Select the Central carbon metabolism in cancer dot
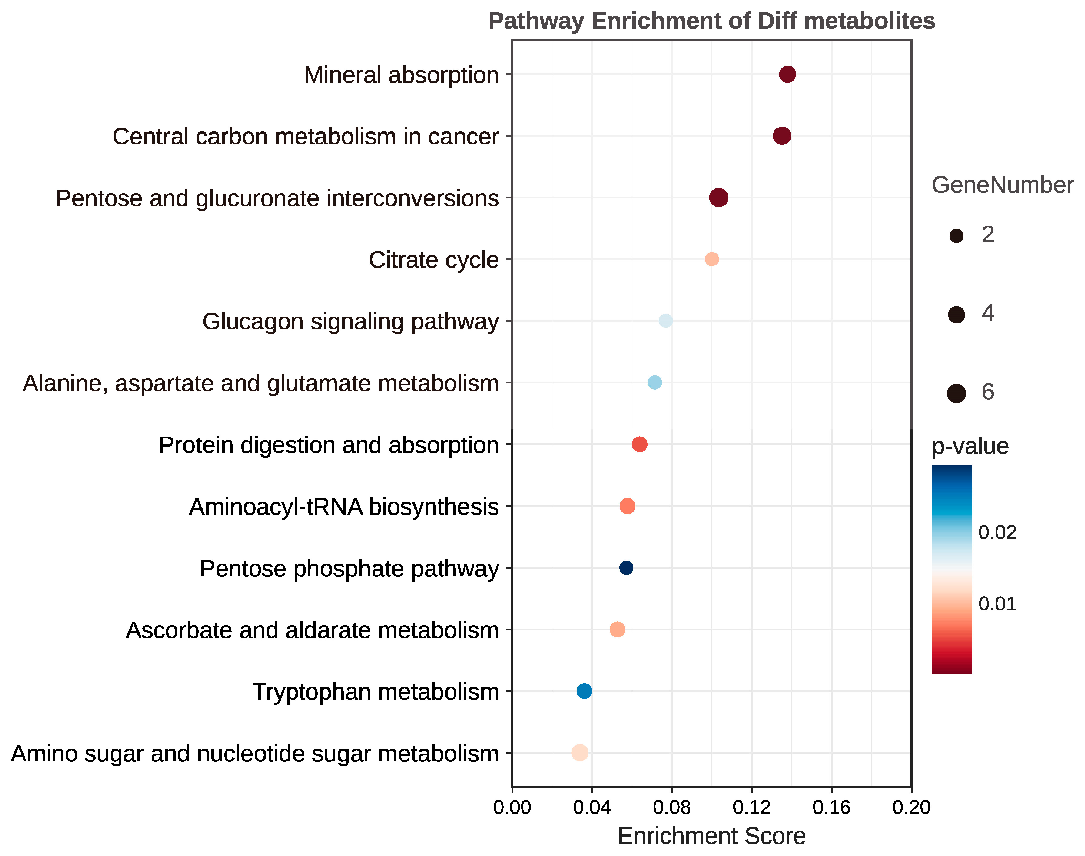click(782, 136)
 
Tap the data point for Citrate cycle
click(711, 259)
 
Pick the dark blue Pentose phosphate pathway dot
click(626, 568)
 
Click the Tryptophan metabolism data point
click(584, 691)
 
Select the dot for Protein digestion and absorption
click(639, 444)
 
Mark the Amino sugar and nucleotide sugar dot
click(579, 753)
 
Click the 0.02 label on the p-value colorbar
click(997, 532)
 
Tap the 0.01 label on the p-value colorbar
click(997, 604)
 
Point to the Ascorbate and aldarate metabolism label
click(312, 630)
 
